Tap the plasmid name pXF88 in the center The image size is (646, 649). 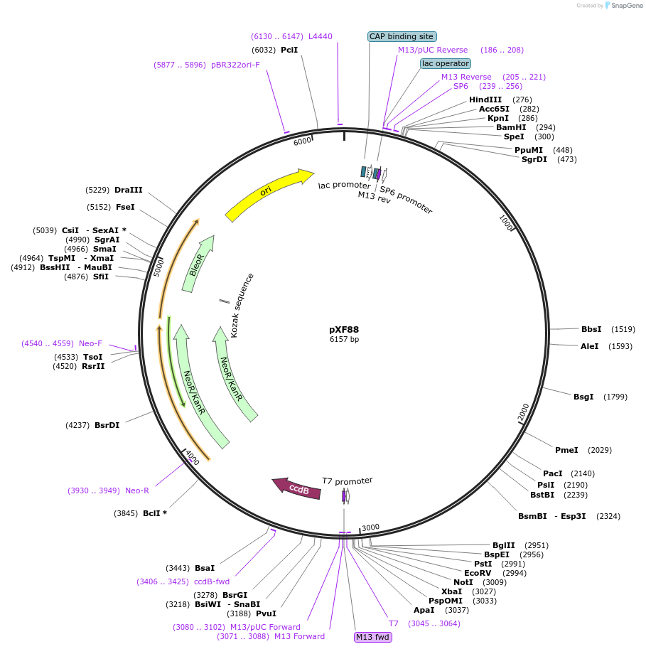349,330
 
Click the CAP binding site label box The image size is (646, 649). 402,36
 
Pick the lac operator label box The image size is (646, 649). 446,63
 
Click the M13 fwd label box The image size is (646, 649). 373,637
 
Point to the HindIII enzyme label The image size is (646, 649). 485,100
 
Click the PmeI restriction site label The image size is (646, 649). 566,450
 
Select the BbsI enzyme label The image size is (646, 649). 591,329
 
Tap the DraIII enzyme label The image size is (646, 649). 129,190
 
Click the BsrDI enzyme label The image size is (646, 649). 107,425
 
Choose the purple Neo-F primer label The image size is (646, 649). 90,343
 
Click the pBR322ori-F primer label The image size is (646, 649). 235,65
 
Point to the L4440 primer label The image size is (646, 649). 320,36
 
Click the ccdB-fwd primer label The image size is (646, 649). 212,581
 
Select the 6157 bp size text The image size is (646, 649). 344,340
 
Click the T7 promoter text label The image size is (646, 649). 347,481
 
